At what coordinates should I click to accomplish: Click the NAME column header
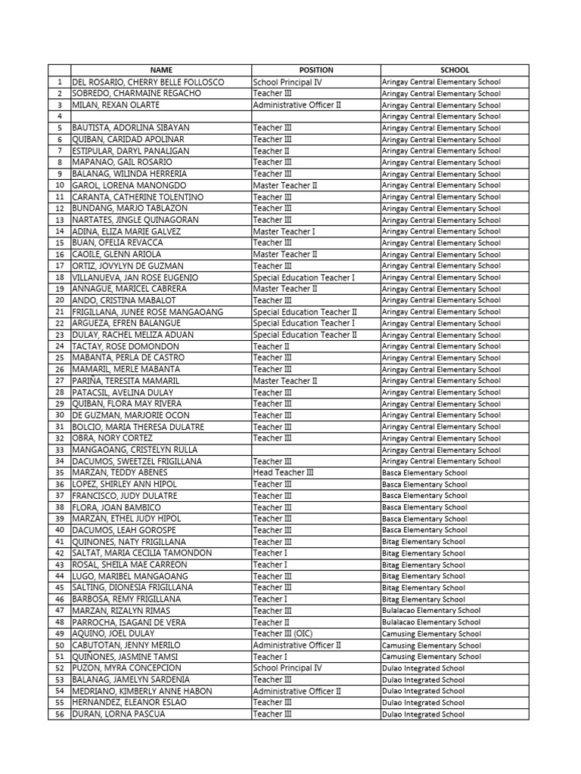(x=161, y=70)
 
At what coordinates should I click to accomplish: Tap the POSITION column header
(x=315, y=70)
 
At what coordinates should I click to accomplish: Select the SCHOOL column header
(x=455, y=70)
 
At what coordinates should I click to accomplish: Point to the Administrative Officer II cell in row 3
(x=297, y=105)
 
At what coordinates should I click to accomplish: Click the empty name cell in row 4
(x=161, y=116)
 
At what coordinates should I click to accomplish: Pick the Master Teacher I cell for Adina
(x=284, y=231)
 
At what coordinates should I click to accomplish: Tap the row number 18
(x=59, y=277)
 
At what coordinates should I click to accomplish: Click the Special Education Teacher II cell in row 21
(x=305, y=311)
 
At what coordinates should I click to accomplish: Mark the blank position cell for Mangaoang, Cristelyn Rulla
(x=315, y=450)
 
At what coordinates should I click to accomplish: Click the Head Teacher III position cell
(x=283, y=472)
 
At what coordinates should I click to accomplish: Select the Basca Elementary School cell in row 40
(x=424, y=530)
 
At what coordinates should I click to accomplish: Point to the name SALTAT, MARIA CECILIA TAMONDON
(x=141, y=553)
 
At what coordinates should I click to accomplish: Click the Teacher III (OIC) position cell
(x=284, y=633)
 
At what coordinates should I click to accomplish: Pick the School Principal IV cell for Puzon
(x=287, y=668)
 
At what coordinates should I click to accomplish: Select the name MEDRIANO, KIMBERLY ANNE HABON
(x=141, y=691)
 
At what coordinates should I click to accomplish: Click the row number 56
(x=59, y=714)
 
